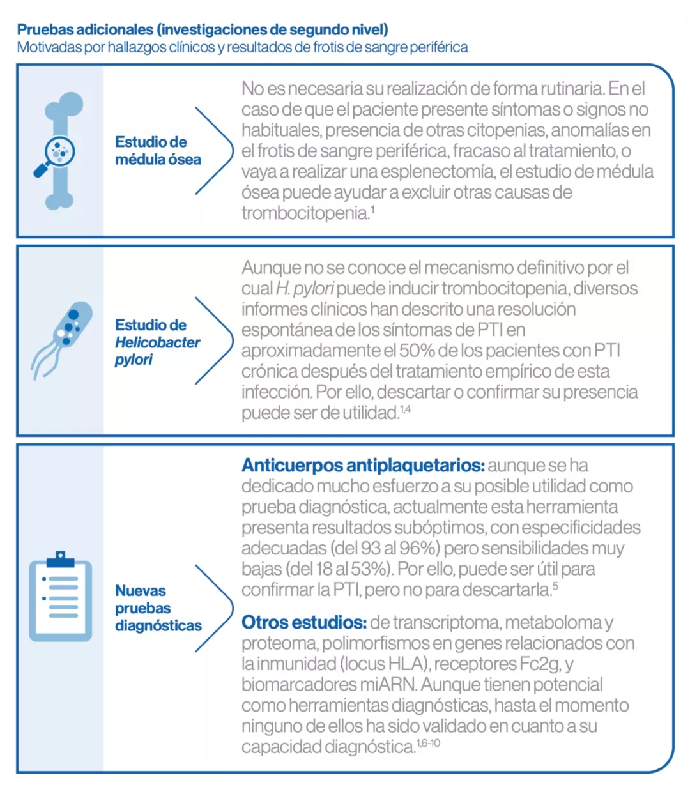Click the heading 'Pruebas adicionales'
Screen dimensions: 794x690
click(x=86, y=30)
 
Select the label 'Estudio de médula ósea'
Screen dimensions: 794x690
click(x=158, y=151)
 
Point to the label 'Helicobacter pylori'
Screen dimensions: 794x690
click(x=157, y=351)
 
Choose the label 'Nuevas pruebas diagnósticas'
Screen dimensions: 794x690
click(x=158, y=608)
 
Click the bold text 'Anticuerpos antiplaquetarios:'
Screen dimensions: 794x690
click(x=363, y=466)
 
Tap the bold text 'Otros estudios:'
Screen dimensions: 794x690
click(x=304, y=623)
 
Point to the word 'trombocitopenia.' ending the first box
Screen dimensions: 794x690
click(x=305, y=213)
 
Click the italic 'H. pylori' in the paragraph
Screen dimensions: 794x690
click(x=305, y=289)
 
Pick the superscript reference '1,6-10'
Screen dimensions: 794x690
click(x=428, y=744)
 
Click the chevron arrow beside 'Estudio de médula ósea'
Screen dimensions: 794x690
click(x=214, y=151)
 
